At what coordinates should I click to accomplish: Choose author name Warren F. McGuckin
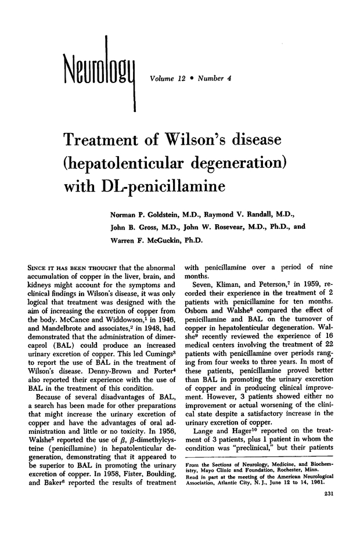click(143, 238)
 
